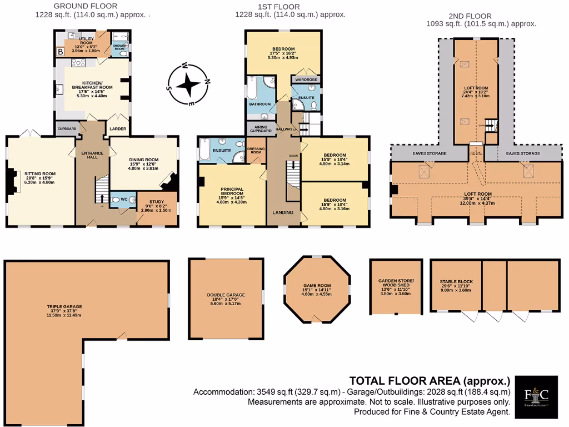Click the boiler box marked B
[59, 52]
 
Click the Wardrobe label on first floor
[305, 80]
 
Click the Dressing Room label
[256, 152]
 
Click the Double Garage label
[226, 295]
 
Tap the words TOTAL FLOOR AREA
[406, 381]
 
